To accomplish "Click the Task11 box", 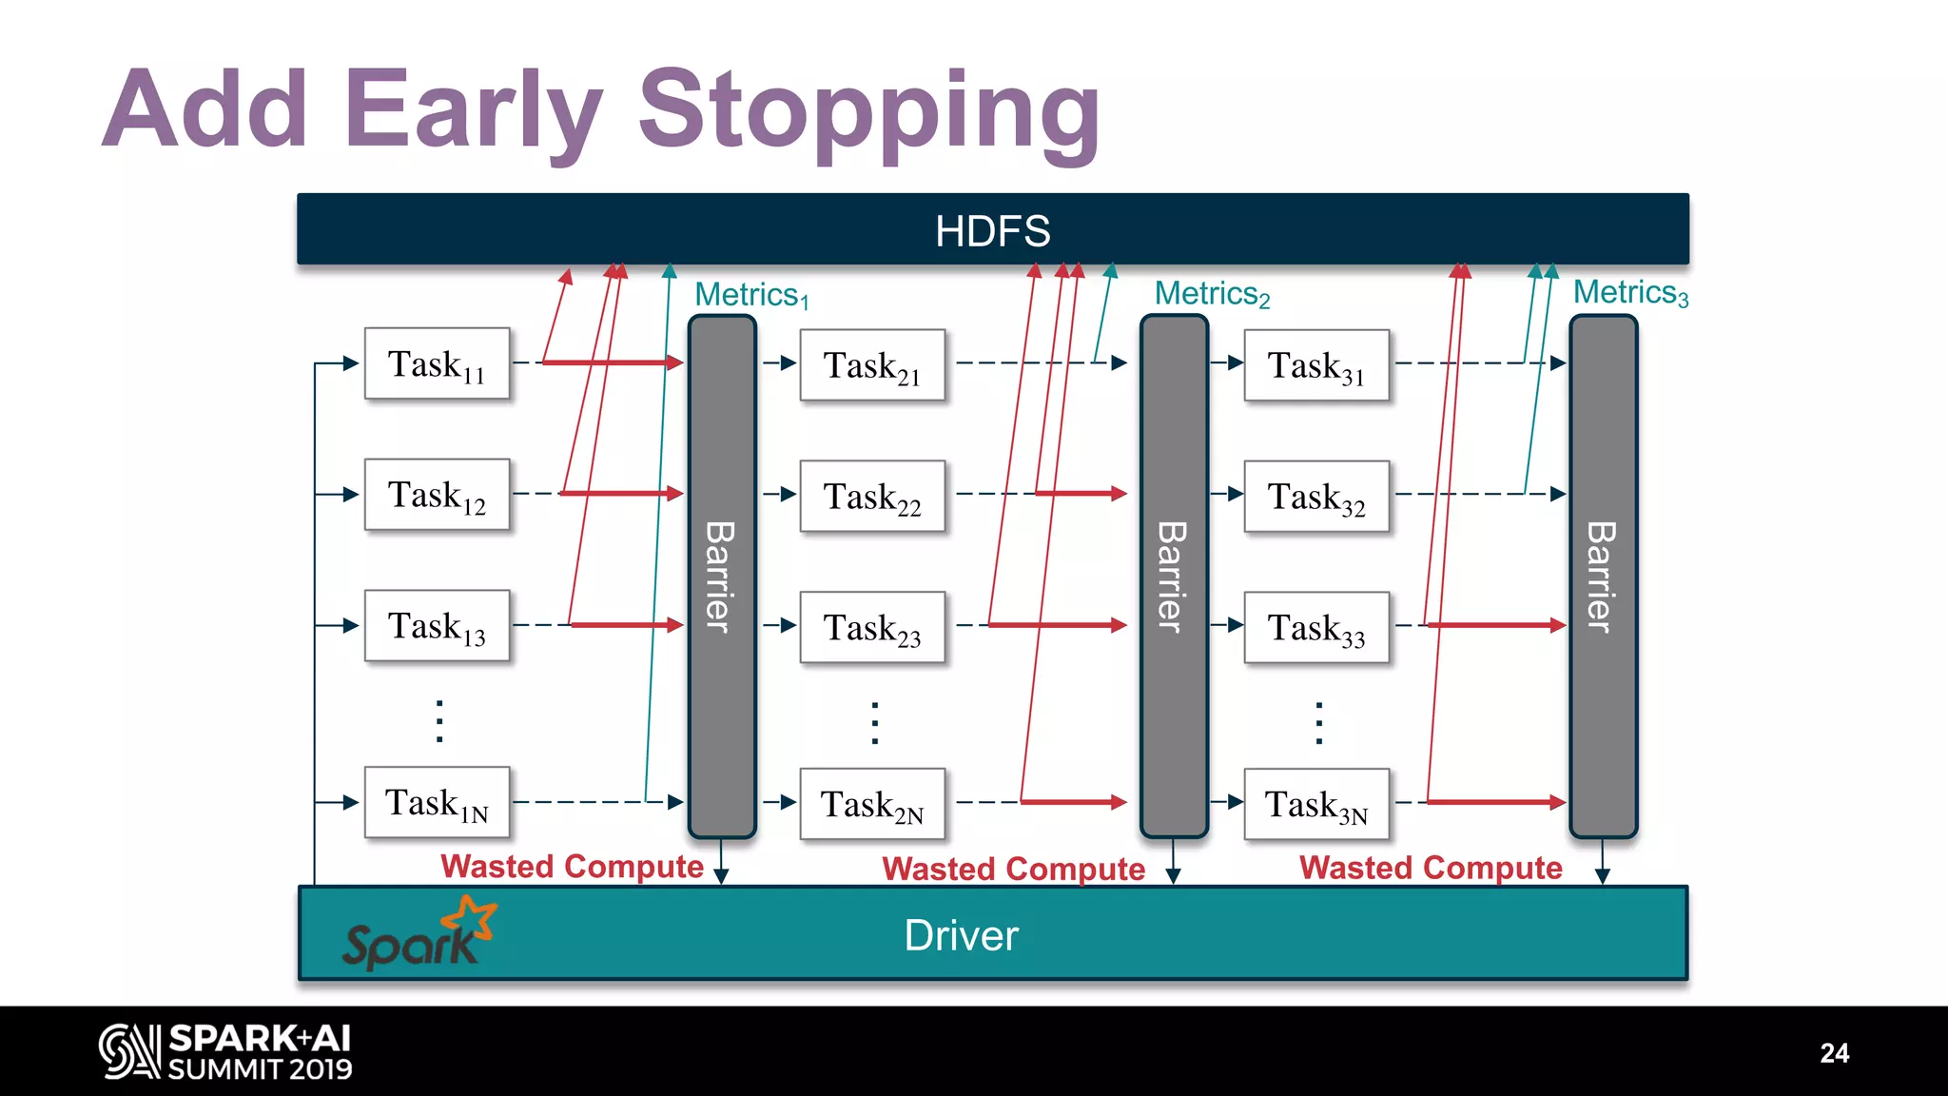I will coord(437,363).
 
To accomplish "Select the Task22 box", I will coord(872,496).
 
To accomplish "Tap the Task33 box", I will coord(1316,627).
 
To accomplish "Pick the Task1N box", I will coord(437,803).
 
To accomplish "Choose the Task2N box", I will coord(872,804).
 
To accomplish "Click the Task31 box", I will coord(1316,365).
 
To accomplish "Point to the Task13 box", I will coord(437,626).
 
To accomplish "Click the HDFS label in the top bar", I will coord(992,230).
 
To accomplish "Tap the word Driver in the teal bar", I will coord(961,935).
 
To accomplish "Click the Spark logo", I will coord(419,935).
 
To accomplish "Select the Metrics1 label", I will coord(751,295).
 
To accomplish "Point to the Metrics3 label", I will coord(1630,293).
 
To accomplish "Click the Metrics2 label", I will coord(1212,294).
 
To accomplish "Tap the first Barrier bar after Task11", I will coord(722,576).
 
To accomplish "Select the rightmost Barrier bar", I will coord(1603,576).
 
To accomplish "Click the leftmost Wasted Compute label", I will coord(572,867).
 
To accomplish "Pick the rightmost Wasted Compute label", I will coord(1431,868).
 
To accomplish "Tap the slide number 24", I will coord(1834,1053).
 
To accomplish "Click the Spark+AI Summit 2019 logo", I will coord(225,1052).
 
